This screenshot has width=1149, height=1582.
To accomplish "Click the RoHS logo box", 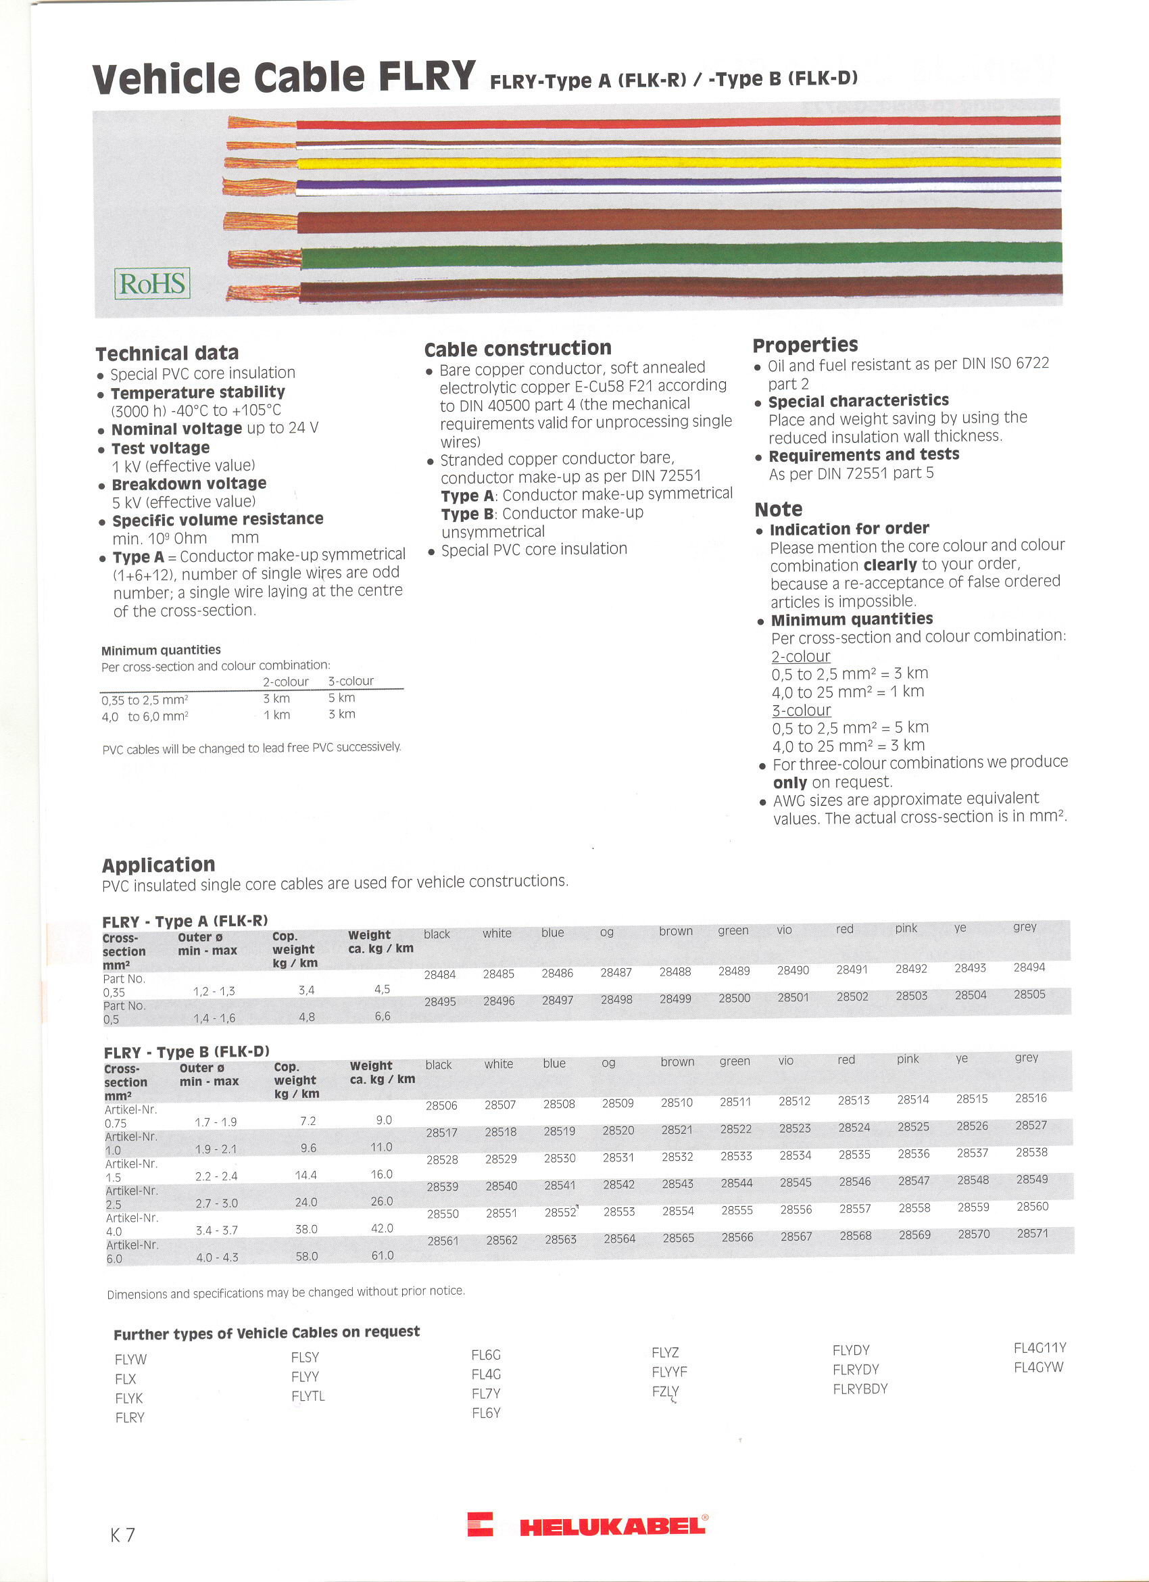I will click(x=152, y=283).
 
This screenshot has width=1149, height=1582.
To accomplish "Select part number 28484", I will click(x=439, y=974).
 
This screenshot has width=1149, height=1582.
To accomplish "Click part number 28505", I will click(x=1029, y=994).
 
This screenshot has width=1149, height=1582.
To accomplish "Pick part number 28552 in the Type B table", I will click(x=560, y=1213).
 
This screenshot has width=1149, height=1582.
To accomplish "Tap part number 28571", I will click(x=1032, y=1233).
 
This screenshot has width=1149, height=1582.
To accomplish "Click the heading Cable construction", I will click(x=517, y=348).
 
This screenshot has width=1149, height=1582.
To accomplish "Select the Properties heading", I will click(x=805, y=345).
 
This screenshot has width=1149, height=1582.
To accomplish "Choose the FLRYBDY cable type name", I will click(x=860, y=1388).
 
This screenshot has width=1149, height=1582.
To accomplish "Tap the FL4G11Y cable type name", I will click(x=1040, y=1347).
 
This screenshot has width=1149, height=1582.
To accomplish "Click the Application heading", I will click(x=158, y=865).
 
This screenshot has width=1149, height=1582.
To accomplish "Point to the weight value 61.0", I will click(x=382, y=1255).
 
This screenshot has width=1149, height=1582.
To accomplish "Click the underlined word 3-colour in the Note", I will click(x=801, y=710).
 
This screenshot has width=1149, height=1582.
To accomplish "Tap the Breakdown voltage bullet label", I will click(x=189, y=483).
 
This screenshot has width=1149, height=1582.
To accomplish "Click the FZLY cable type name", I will click(x=665, y=1391).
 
